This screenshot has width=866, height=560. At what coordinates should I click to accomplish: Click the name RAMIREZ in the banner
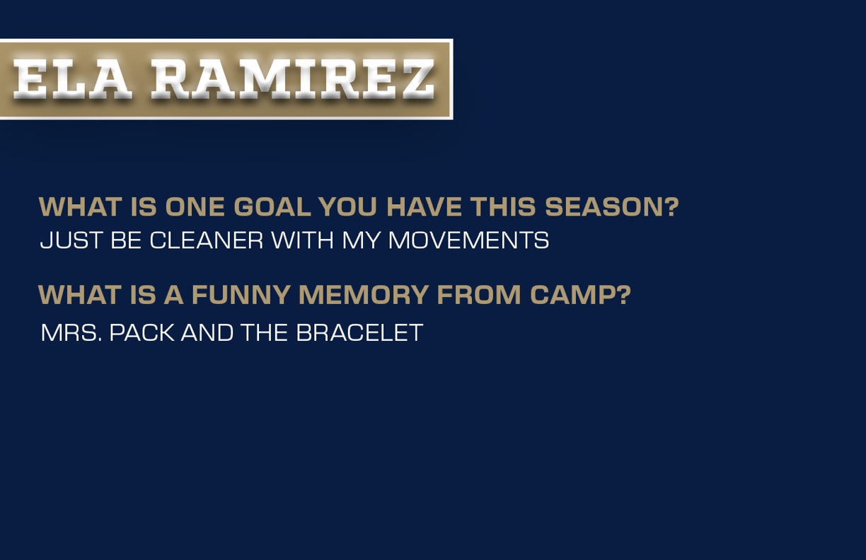(293, 79)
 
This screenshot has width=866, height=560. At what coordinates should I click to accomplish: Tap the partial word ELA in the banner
(72, 79)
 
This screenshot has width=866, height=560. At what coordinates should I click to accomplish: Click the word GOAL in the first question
(272, 206)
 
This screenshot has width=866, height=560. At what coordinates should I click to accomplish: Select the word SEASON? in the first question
(612, 206)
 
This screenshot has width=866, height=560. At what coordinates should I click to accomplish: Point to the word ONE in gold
(195, 206)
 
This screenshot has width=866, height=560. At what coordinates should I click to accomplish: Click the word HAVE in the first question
(424, 206)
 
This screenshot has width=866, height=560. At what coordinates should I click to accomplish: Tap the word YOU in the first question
(348, 206)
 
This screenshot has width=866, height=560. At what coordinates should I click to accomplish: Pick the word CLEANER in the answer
(207, 240)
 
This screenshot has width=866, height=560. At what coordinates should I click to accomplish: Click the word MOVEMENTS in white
(468, 240)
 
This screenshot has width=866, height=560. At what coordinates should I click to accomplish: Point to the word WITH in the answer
(302, 240)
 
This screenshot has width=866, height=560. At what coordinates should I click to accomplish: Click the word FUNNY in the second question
(241, 295)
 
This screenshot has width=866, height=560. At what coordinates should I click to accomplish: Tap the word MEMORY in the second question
(364, 295)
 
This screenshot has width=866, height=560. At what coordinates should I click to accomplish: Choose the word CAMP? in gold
(580, 295)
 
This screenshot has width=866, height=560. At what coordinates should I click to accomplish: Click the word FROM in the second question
(479, 295)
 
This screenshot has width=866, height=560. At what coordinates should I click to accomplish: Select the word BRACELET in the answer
(359, 332)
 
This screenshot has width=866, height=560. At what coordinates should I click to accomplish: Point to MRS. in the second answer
(71, 332)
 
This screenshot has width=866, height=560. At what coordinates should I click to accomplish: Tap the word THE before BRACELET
(265, 332)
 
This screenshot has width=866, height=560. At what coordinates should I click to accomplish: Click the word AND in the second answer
(207, 332)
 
